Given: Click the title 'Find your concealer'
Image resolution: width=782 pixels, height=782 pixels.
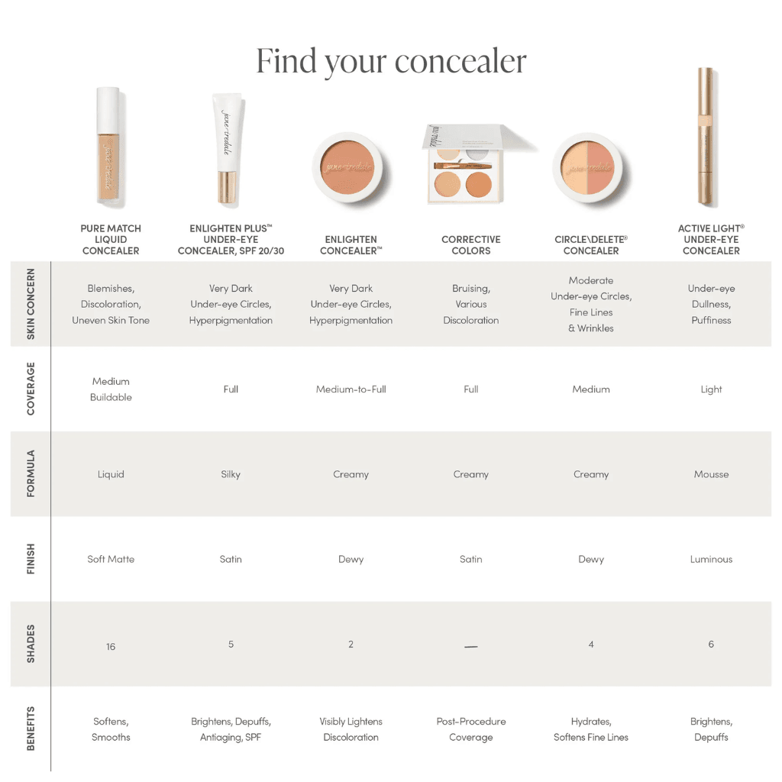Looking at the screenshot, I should pos(391,61).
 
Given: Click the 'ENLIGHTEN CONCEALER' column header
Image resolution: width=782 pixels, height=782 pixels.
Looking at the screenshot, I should pos(351,245).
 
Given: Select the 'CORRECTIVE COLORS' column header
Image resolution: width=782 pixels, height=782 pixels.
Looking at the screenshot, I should pos(471,245).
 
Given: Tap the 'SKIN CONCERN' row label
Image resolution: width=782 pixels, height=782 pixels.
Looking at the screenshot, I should pos(31,304).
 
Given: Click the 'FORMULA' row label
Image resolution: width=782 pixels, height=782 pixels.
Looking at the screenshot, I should pos(31,473).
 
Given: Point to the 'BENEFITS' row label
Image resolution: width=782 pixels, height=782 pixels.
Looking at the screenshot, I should pos(31,729).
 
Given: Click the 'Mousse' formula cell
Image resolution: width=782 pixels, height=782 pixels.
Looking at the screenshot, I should pos(711,474).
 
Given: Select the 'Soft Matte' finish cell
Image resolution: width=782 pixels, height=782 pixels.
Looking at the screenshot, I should pos(111,559).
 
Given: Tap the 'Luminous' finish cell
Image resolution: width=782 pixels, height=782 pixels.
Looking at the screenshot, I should pos(711,559).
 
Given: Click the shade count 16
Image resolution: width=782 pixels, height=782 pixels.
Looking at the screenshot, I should pos(111,647).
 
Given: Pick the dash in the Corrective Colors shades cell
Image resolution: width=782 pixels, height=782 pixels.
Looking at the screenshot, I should pos(471,647).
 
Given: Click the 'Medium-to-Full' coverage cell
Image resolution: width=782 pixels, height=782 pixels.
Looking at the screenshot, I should pos(351,389).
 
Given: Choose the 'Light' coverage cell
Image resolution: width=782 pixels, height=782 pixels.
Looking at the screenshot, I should pos(711,389).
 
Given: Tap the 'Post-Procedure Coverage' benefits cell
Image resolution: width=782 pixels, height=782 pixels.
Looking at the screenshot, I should pos(471,729).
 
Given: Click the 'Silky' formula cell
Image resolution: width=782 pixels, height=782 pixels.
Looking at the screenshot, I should pos(231,474).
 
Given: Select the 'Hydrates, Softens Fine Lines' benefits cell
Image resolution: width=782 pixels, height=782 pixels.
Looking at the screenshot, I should pos(591,729).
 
